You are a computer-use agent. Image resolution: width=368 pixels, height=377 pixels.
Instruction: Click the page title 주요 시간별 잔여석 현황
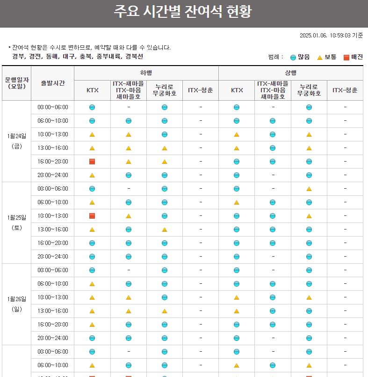coord(183,12)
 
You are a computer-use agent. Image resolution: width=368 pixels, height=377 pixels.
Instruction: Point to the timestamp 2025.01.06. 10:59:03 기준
coord(331,35)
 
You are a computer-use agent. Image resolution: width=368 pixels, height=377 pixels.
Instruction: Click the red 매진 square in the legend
coord(346,57)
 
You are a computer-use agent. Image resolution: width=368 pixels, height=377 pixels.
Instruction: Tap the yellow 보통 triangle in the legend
coord(320,57)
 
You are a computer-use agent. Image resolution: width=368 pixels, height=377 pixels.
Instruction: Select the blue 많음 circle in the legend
coord(293,57)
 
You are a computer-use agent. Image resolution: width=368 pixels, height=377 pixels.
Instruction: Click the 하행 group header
coord(146,73)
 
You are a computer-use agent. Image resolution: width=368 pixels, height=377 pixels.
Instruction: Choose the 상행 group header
coord(290,73)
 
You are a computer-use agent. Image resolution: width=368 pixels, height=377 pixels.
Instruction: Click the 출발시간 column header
coord(52,83)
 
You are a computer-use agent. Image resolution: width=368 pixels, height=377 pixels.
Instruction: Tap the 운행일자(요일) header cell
coord(17,83)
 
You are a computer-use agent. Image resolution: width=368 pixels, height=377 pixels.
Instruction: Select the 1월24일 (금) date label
coord(17,141)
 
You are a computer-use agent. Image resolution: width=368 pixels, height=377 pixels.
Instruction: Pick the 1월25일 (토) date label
coord(17,222)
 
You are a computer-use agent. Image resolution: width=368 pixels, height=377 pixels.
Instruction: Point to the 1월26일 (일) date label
coord(17,304)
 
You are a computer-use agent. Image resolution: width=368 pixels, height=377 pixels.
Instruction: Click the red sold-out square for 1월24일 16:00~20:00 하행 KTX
coord(92,162)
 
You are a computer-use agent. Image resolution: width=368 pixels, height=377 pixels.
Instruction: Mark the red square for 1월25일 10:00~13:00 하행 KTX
coord(92,216)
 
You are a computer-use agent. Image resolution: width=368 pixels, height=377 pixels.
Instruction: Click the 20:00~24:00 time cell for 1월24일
coord(52,175)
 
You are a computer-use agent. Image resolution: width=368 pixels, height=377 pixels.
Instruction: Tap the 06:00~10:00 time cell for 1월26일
coord(52,284)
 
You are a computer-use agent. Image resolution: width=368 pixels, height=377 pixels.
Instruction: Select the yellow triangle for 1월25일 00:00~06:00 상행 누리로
coord(309,189)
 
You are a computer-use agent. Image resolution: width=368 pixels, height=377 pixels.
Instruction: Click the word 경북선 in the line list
coord(134,57)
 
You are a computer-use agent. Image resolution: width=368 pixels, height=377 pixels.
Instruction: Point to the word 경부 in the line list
coord(18,57)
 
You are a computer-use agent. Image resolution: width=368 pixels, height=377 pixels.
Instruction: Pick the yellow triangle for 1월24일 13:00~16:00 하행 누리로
coord(165,148)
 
